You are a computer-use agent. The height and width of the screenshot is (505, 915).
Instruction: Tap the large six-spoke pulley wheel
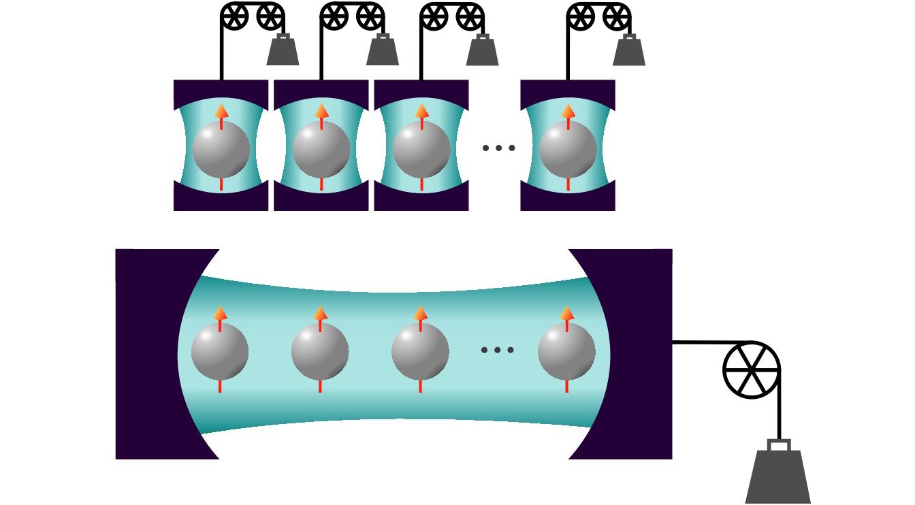tap(751, 370)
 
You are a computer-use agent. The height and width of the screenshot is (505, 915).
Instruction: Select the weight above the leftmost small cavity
tap(283, 51)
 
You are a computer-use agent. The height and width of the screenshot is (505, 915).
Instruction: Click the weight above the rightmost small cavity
tap(628, 51)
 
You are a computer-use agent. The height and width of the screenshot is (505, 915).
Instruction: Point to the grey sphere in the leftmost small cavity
tap(221, 149)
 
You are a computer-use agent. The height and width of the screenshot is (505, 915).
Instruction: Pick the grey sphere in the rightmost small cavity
tap(568, 149)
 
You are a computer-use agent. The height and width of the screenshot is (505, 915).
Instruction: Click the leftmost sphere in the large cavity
tap(220, 351)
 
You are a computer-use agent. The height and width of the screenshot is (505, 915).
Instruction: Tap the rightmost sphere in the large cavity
tap(566, 351)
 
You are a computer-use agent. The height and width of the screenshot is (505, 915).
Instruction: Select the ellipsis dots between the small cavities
tap(498, 148)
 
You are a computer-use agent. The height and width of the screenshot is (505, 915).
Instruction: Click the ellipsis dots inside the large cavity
tap(498, 350)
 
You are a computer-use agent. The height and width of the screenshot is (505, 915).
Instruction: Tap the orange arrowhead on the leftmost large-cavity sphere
tap(220, 314)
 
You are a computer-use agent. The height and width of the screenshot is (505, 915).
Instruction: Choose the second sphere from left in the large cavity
tap(320, 351)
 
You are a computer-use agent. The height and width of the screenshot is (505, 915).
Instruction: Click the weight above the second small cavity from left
tap(383, 51)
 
